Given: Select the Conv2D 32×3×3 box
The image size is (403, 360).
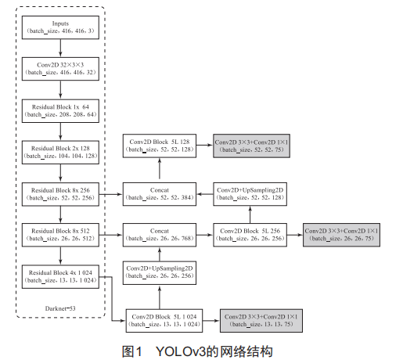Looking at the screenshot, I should click(x=60, y=67).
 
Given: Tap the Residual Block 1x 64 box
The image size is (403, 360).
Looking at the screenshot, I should click(x=60, y=109).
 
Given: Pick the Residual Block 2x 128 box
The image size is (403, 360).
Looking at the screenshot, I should click(x=60, y=150).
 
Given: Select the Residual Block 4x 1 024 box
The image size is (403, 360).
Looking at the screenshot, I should click(x=60, y=275).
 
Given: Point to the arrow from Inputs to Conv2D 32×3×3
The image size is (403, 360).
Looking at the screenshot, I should click(x=60, y=46).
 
